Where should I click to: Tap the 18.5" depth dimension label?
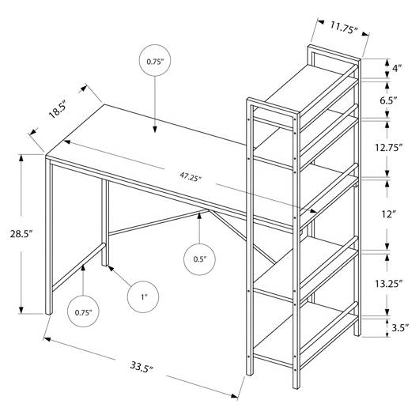[57, 111]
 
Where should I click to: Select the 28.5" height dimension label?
[21, 234]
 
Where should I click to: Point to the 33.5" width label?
[142, 366]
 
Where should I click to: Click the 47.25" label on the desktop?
[191, 177]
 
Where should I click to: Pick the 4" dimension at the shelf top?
[397, 68]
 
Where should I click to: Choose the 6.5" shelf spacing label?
[388, 100]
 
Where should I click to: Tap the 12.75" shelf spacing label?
[388, 147]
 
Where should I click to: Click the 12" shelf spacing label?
[388, 214]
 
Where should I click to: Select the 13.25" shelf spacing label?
[388, 284]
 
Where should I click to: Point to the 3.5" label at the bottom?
[400, 327]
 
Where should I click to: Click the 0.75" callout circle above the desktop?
[154, 60]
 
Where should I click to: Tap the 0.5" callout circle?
[199, 259]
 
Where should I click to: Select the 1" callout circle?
[143, 297]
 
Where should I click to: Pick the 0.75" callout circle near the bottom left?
[83, 311]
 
